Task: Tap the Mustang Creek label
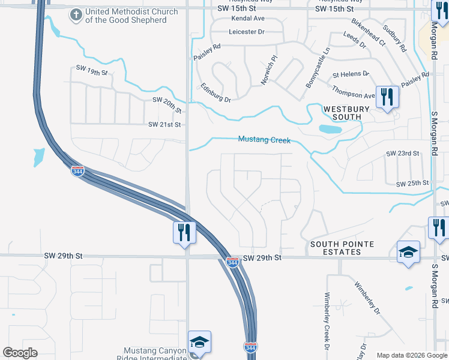[x=264, y=140]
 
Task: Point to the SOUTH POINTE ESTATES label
[x=342, y=248]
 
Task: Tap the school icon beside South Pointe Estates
[x=408, y=251]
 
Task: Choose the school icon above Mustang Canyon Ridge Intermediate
[x=199, y=342]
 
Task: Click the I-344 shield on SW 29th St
[x=233, y=262]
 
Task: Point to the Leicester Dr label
[x=247, y=32]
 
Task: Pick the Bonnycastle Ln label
[x=318, y=68]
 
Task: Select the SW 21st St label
[x=164, y=124]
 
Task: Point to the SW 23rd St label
[x=402, y=154]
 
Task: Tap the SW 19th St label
[x=91, y=72]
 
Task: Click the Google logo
[x=20, y=353]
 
